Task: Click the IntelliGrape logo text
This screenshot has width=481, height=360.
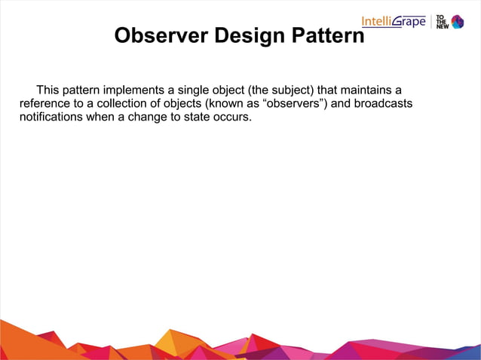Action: click(394, 21)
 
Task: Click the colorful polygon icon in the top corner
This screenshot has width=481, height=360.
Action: click(458, 21)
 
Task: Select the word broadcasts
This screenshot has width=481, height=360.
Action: click(384, 104)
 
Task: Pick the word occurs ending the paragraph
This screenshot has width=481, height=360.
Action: click(234, 117)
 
